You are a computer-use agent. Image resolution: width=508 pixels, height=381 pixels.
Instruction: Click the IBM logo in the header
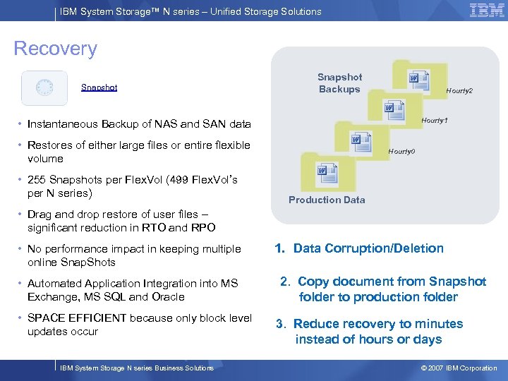click(x=487, y=11)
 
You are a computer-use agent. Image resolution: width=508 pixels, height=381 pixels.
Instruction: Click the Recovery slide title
click(x=55, y=49)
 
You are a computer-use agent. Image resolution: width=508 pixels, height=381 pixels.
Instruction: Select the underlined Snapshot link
click(x=99, y=87)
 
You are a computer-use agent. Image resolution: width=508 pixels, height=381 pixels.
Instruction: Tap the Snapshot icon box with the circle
click(x=44, y=87)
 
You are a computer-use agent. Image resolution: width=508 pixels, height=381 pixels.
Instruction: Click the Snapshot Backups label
click(x=339, y=83)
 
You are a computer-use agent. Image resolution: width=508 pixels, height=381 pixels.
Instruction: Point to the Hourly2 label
click(x=459, y=91)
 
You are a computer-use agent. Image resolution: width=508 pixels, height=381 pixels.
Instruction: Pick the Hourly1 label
click(x=435, y=121)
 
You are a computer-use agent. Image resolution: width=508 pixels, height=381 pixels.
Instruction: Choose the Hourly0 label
click(x=401, y=152)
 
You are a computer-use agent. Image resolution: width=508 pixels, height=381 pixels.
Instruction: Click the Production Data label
click(x=327, y=200)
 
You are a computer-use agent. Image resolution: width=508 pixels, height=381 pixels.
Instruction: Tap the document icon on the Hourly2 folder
click(x=416, y=78)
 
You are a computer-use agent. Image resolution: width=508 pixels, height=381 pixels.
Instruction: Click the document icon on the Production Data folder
click(x=322, y=170)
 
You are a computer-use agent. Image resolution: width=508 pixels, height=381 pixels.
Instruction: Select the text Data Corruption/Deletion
click(x=368, y=248)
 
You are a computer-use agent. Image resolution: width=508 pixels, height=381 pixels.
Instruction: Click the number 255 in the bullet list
click(x=37, y=179)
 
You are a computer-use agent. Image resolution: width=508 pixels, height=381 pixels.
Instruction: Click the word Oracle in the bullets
click(x=167, y=297)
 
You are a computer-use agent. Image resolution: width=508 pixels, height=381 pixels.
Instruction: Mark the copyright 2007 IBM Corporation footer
click(x=459, y=368)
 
